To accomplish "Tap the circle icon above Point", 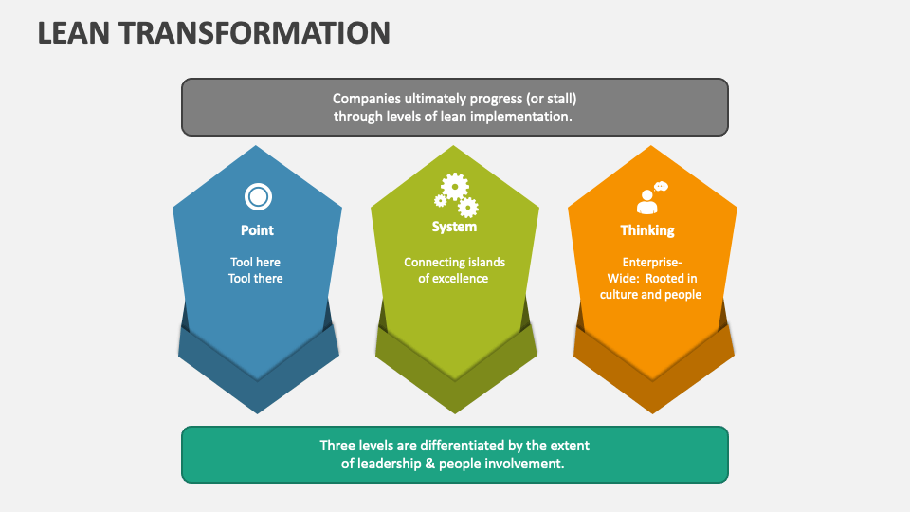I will pos(258,197).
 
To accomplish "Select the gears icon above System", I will pos(455,195).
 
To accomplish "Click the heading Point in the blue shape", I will pos(257,230).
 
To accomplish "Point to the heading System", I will pos(454,228).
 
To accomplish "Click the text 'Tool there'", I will pos(256,279).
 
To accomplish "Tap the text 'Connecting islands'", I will pos(454,262).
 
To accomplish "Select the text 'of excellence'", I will pos(453,279).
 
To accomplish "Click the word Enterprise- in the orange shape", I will pos(651,262).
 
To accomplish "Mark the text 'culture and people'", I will pos(650,295).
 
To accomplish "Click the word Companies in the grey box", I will pos(364,99).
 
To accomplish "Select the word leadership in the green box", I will pos(392,464).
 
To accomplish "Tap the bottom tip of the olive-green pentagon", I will pos(455,378).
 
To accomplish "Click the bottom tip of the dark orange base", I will pos(653,412).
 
